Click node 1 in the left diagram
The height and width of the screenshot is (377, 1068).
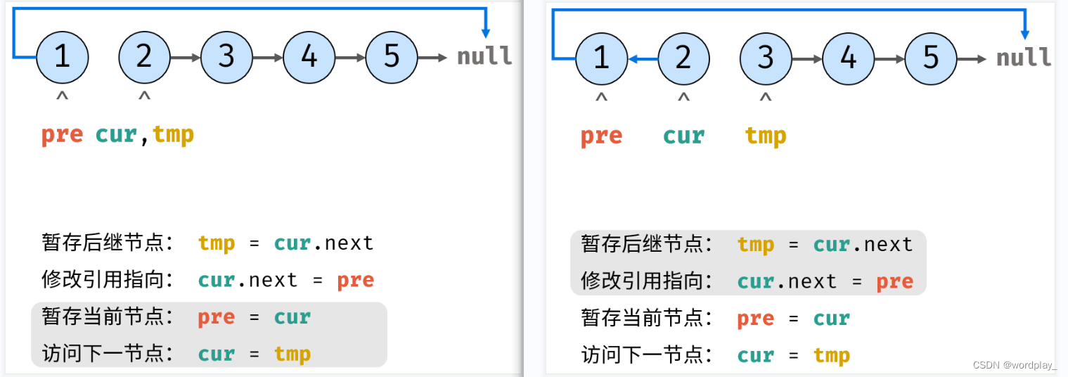point(62,57)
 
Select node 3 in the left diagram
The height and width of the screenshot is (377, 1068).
point(226,57)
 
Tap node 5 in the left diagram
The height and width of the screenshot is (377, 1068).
point(392,57)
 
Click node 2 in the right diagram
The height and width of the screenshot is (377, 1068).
point(683,58)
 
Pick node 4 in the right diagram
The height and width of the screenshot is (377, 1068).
point(848,58)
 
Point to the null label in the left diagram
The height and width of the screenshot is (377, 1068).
point(484,57)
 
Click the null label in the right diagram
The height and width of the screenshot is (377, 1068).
point(1024,58)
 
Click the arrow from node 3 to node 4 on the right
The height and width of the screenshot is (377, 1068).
point(807,59)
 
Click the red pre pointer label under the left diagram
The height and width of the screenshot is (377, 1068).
point(62,134)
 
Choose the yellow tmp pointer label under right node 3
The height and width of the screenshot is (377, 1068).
point(766,136)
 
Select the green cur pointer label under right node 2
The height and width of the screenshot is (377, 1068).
point(683,136)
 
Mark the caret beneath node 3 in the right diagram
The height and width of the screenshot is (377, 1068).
point(766,99)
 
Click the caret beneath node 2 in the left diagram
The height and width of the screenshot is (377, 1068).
point(144,97)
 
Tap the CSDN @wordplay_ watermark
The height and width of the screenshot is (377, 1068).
point(1015,365)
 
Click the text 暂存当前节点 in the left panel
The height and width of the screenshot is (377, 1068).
point(108,317)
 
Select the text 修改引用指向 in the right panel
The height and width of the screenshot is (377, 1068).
point(647,281)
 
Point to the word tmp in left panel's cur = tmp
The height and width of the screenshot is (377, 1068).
point(292,354)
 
